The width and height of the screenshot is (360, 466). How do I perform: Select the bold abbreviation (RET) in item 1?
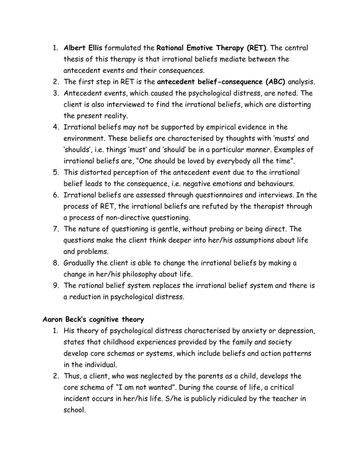[256, 48]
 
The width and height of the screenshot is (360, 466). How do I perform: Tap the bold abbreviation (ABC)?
[275, 82]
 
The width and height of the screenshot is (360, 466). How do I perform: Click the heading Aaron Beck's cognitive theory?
[93, 319]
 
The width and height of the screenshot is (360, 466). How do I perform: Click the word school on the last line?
[74, 410]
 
